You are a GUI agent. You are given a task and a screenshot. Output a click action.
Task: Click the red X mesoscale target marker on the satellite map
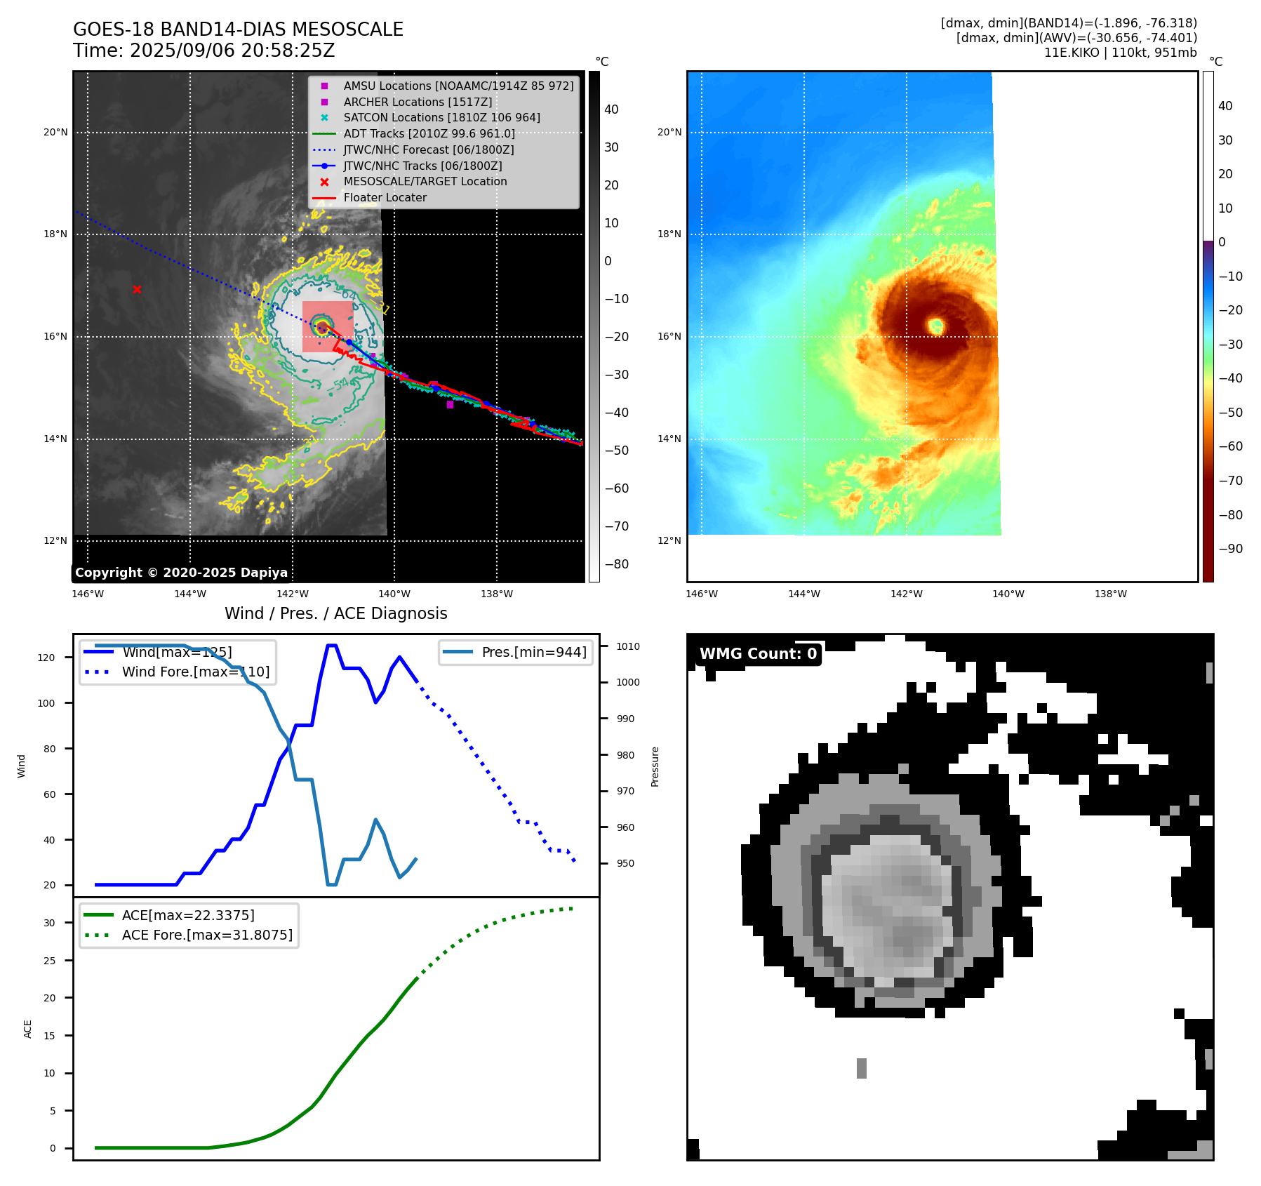pyautogui.click(x=137, y=289)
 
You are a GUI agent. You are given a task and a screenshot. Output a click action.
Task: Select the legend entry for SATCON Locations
pyautogui.click(x=441, y=118)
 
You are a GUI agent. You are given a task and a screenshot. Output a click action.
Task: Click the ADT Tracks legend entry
pyautogui.click(x=429, y=134)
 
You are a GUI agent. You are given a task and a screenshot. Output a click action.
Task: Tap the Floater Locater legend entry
pyautogui.click(x=385, y=198)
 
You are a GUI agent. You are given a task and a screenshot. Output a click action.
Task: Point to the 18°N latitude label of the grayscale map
pyautogui.click(x=55, y=234)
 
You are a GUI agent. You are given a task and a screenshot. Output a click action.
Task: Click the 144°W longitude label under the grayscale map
pyautogui.click(x=190, y=594)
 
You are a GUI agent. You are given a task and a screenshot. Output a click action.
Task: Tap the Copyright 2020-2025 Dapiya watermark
pyautogui.click(x=181, y=573)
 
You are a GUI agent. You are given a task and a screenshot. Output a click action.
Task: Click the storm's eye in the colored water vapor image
pyautogui.click(x=935, y=326)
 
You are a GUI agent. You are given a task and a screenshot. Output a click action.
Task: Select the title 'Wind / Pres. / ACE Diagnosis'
pyautogui.click(x=335, y=613)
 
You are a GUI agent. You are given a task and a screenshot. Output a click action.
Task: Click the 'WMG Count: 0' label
pyautogui.click(x=758, y=654)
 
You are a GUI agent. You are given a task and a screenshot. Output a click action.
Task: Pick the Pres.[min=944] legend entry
pyautogui.click(x=533, y=652)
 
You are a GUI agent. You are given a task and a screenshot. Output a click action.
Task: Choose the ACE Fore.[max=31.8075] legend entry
pyautogui.click(x=207, y=935)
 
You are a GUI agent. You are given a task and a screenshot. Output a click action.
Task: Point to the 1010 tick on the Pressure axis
pyautogui.click(x=628, y=646)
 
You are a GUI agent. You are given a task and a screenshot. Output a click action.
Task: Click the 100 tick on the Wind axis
pyautogui.click(x=46, y=703)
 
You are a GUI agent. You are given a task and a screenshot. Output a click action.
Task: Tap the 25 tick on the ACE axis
pyautogui.click(x=49, y=961)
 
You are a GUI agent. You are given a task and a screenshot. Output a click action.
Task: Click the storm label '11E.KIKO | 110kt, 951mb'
pyautogui.click(x=1120, y=53)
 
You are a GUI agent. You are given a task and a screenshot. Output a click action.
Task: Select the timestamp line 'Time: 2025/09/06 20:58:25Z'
pyautogui.click(x=204, y=51)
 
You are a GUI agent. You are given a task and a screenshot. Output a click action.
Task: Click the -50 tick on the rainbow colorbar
pyautogui.click(x=1230, y=413)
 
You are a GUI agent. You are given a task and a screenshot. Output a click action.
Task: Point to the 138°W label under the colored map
pyautogui.click(x=1111, y=594)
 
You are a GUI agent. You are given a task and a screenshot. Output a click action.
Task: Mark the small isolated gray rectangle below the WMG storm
pyautogui.click(x=862, y=1068)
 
